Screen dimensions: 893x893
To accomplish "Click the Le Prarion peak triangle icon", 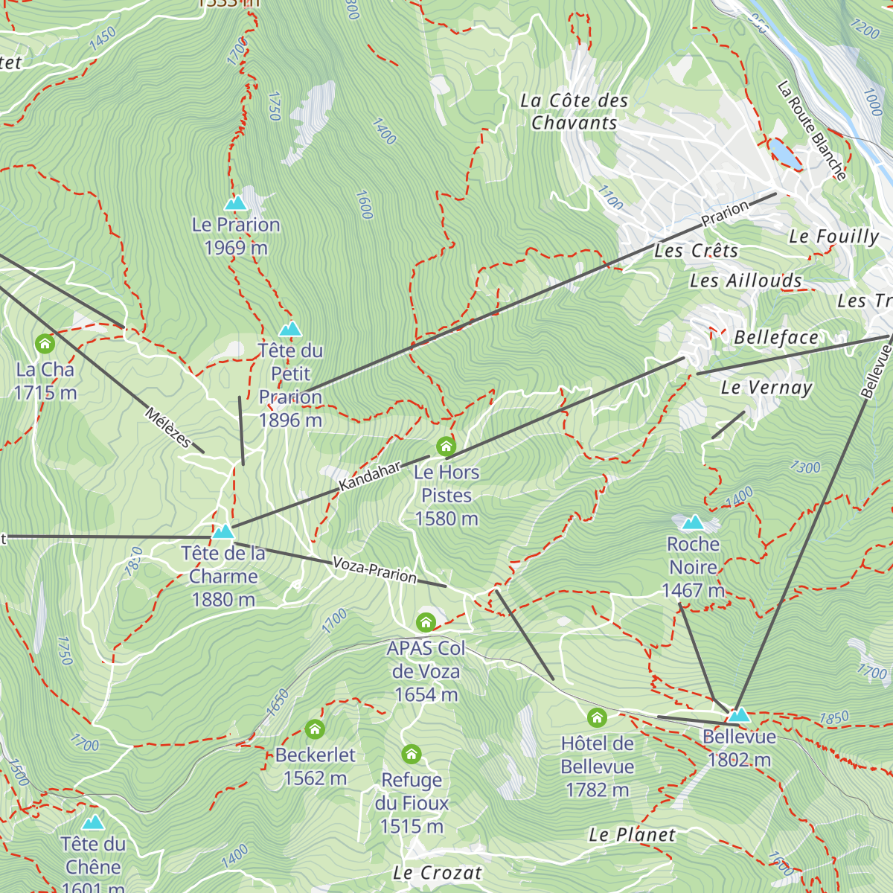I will pyautogui.click(x=236, y=203).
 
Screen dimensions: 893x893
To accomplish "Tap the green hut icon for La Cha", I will pyautogui.click(x=45, y=344).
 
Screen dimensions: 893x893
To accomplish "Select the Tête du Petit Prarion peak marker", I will pyautogui.click(x=290, y=329).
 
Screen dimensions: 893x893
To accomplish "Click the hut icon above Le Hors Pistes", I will pyautogui.click(x=446, y=446).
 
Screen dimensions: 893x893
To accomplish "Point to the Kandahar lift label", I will pyautogui.click(x=369, y=476).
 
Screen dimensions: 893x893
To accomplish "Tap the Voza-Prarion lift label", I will pyautogui.click(x=374, y=569).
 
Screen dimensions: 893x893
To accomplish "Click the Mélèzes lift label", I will pyautogui.click(x=168, y=427).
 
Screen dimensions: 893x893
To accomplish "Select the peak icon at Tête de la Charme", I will pyautogui.click(x=223, y=532).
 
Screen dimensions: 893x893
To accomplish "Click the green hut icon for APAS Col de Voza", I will pyautogui.click(x=426, y=622).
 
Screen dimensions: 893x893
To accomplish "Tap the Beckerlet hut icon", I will pyautogui.click(x=315, y=729).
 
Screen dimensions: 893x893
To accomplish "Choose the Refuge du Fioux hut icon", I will pyautogui.click(x=412, y=755).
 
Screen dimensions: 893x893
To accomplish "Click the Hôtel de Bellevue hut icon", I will pyautogui.click(x=597, y=718).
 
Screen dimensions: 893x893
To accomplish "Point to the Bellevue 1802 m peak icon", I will pyautogui.click(x=739, y=715).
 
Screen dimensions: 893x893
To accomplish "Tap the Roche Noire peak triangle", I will pyautogui.click(x=693, y=522).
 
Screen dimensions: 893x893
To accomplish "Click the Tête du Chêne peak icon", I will pyautogui.click(x=93, y=822).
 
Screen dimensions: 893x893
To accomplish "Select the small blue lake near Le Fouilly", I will pyautogui.click(x=782, y=153).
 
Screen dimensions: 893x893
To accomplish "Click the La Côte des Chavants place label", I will pyautogui.click(x=574, y=112).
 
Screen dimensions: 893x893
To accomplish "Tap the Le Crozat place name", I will pyautogui.click(x=438, y=873).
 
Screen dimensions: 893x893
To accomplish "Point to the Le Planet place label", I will pyautogui.click(x=632, y=835).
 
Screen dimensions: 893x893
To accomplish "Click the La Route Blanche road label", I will pyautogui.click(x=812, y=131).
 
